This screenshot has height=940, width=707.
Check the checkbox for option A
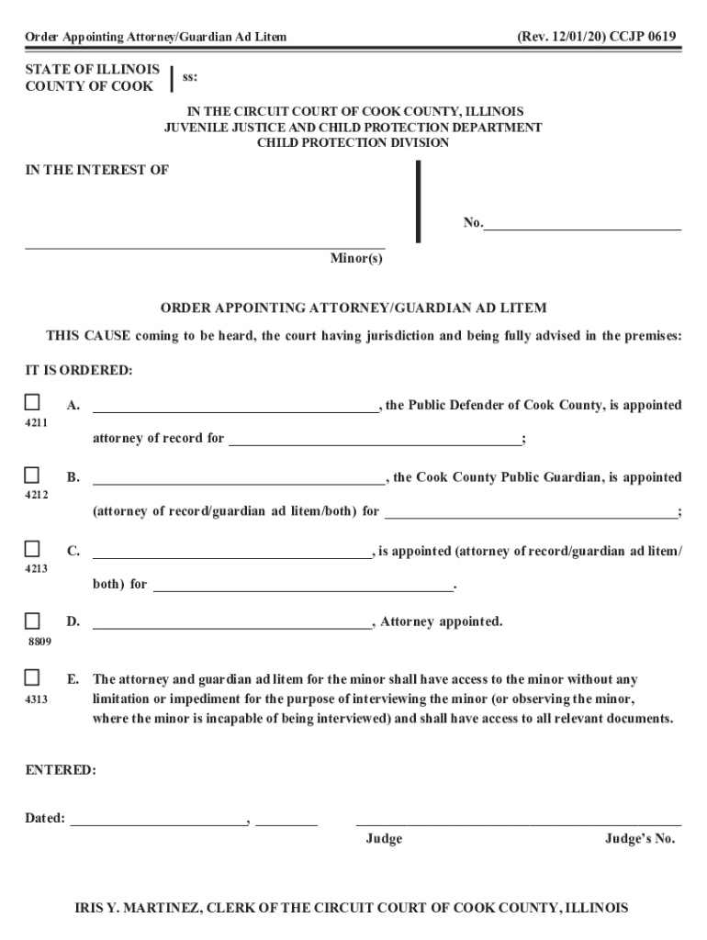[x=32, y=403]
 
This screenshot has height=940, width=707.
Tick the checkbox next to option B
[x=32, y=476]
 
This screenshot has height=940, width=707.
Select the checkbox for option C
[x=32, y=549]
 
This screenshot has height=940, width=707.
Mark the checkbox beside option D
[x=32, y=621]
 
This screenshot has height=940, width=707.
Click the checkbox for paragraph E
[x=32, y=678]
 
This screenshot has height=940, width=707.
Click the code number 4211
[x=36, y=423]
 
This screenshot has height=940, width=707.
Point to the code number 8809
[x=38, y=642]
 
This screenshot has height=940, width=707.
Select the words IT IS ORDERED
[x=78, y=370]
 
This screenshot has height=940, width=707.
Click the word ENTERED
[x=60, y=770]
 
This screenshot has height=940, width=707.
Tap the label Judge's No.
[x=639, y=839]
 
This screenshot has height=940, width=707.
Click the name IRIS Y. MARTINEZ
[x=151, y=908]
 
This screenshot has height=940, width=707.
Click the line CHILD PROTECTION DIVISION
[x=353, y=143]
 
